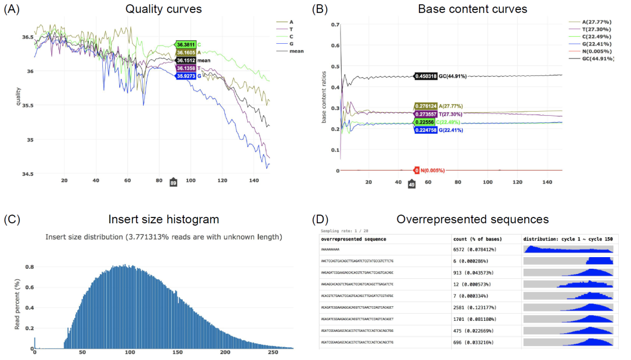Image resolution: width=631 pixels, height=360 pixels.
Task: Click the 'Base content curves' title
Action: (x=472, y=9)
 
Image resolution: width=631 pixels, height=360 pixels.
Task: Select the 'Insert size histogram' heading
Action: (x=164, y=220)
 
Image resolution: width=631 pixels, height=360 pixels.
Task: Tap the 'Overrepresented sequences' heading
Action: (x=472, y=220)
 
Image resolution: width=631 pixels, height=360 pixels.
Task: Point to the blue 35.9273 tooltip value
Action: (x=186, y=76)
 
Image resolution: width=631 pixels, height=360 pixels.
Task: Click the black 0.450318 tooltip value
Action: (x=425, y=77)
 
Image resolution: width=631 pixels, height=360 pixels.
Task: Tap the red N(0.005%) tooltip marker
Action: (x=417, y=171)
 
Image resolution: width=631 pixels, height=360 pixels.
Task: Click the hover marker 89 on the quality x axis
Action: (x=174, y=183)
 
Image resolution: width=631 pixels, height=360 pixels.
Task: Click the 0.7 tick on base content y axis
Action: (x=335, y=25)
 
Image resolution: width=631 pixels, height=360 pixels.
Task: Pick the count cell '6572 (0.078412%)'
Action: (x=476, y=249)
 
